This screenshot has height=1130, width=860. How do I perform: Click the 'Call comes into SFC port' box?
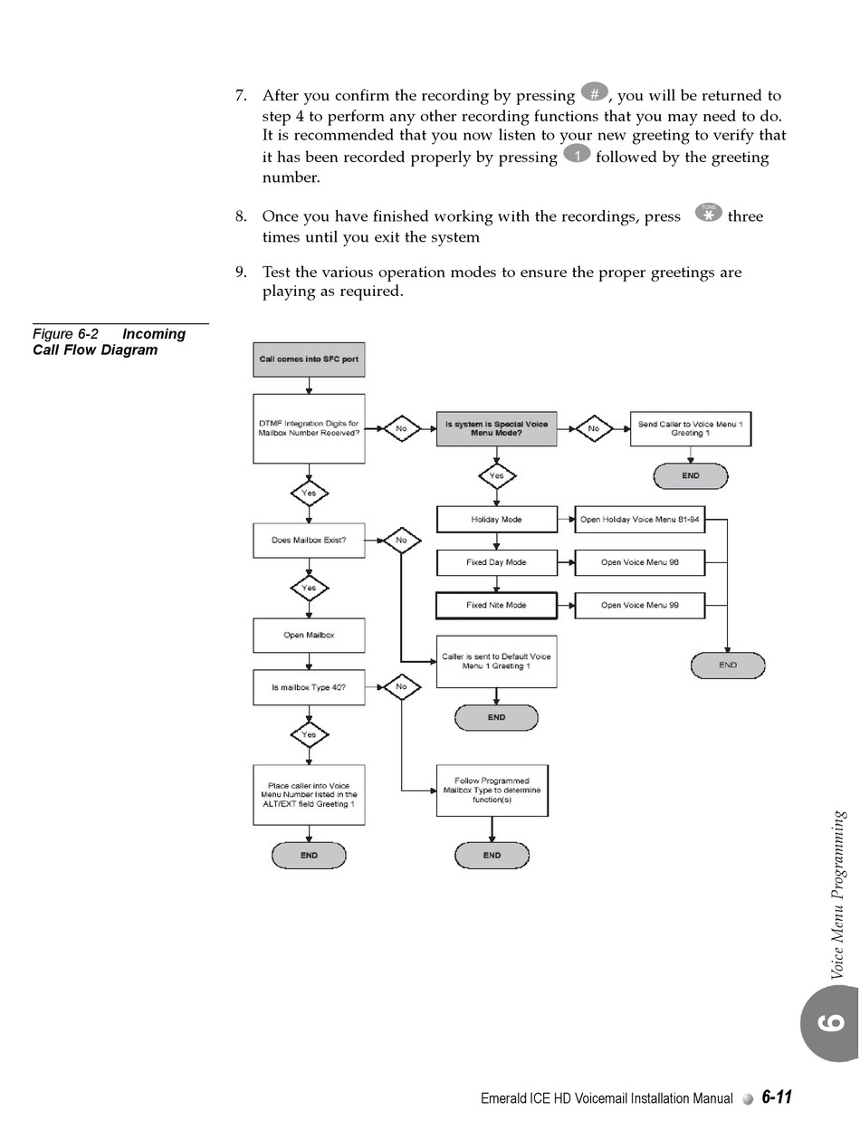pos(309,359)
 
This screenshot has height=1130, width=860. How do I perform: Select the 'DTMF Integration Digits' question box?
pos(309,428)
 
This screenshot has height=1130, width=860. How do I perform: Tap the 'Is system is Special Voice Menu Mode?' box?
pos(496,428)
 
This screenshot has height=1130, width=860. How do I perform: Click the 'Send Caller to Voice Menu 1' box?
pos(690,428)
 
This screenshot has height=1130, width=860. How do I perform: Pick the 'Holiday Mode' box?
pos(496,520)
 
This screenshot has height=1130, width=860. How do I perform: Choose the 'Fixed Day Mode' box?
pos(496,562)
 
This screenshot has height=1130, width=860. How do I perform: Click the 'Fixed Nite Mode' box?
pos(496,605)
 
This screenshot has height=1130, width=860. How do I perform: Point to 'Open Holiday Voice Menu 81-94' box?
pos(639,520)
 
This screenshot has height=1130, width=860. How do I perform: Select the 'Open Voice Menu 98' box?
pos(639,562)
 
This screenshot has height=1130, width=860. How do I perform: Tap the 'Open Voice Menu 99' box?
pos(639,605)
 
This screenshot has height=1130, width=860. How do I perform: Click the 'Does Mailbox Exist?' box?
pos(309,541)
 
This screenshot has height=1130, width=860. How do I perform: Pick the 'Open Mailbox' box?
pos(309,635)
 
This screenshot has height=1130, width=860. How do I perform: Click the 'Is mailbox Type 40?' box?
pos(309,687)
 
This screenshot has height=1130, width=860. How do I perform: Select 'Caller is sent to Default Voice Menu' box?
pos(496,661)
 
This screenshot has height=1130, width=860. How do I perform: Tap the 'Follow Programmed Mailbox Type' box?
pos(492,790)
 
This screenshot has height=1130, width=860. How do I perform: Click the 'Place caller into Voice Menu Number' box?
pos(309,795)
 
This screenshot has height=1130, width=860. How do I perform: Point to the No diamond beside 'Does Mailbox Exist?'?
pos(401,541)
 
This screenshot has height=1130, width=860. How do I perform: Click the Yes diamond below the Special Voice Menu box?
pos(496,476)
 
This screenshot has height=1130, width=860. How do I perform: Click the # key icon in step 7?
pos(594,93)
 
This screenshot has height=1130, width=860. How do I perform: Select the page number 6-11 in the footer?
pos(777,1097)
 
